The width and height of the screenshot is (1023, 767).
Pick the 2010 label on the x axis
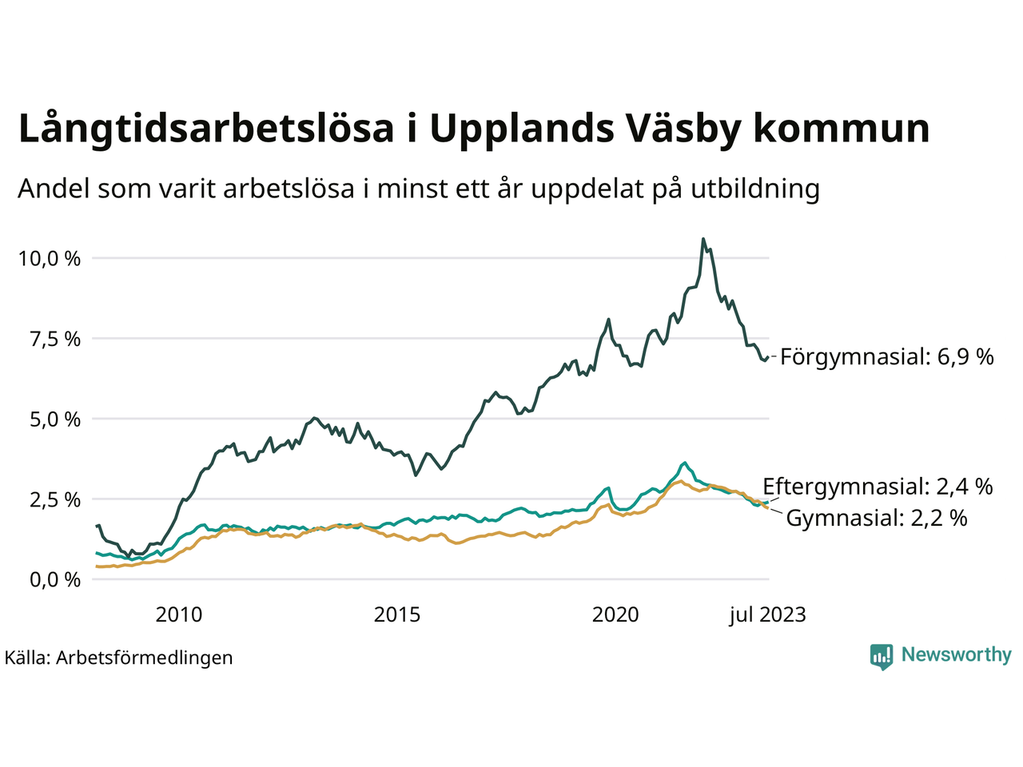point(178,614)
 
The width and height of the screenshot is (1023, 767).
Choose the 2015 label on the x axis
point(397,614)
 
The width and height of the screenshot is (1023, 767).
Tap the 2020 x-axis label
point(615,614)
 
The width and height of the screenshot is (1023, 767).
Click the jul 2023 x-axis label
point(767,614)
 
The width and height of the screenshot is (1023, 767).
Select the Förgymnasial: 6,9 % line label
point(886,356)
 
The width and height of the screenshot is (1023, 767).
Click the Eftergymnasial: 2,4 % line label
point(878,486)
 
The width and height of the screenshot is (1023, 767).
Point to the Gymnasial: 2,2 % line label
point(877,518)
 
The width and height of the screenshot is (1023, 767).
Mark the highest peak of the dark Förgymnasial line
point(703,239)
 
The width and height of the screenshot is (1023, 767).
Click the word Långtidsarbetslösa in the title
point(206,129)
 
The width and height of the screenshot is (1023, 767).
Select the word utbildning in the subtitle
point(755,189)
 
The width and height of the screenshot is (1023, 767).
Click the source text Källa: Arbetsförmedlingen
point(119,658)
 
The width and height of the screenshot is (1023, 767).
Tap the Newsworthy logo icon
point(882,656)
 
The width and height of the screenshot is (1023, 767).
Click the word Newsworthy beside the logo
point(956,655)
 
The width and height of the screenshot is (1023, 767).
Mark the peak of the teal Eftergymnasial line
point(684,463)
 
